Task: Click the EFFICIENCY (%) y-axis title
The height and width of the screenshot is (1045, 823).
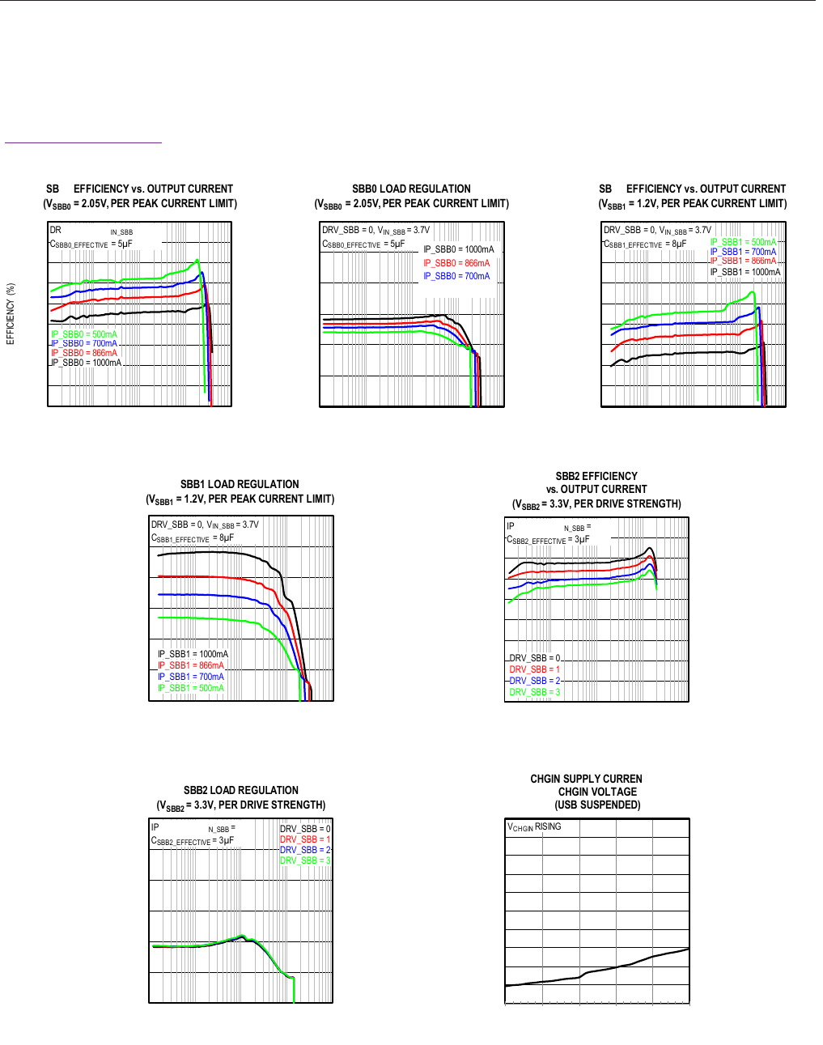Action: click(11, 314)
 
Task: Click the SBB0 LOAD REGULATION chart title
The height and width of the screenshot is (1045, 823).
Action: click(411, 189)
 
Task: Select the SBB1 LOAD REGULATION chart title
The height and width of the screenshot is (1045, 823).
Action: click(240, 484)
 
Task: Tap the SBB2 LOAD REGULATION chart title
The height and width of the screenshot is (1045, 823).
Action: click(241, 790)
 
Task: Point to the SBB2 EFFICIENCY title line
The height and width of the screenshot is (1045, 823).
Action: click(596, 476)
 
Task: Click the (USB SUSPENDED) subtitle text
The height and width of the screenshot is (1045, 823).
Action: click(597, 805)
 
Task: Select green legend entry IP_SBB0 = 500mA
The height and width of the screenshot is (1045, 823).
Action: click(84, 334)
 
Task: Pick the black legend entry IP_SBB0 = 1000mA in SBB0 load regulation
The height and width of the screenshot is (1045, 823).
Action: click(458, 249)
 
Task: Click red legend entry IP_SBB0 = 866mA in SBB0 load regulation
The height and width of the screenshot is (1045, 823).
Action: click(456, 263)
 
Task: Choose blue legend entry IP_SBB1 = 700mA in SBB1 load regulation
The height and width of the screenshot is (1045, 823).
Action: click(191, 677)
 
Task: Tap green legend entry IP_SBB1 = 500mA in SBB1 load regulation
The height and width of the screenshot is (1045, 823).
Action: click(191, 688)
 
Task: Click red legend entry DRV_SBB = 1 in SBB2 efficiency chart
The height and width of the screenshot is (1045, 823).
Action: click(534, 669)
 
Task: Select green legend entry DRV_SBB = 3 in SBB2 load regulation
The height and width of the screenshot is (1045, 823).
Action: click(305, 860)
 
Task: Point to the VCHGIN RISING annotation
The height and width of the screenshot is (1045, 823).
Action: click(534, 826)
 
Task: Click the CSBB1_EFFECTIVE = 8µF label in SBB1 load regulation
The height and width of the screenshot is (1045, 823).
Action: click(193, 537)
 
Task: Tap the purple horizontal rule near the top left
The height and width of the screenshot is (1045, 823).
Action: click(83, 143)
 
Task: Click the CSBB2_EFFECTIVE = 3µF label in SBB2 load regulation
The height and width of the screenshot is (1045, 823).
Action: click(193, 841)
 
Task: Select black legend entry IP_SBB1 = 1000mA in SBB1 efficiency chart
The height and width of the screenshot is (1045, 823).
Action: click(745, 272)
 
